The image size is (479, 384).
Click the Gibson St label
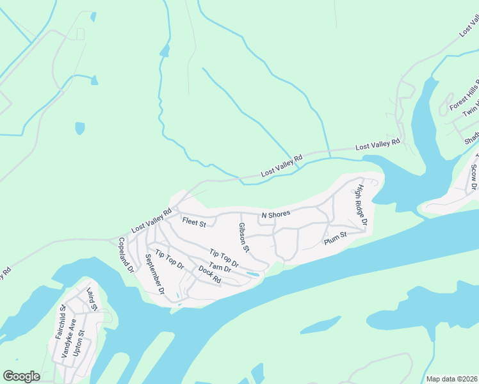coord(243,237)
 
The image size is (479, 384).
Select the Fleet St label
coord(193,223)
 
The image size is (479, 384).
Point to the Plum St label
coord(335,236)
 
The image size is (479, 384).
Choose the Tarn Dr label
coord(220,271)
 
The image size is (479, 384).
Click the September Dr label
coord(155,273)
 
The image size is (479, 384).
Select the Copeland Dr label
coord(126,255)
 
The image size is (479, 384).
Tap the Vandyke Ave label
coord(70,337)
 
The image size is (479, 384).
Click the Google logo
coord(22,376)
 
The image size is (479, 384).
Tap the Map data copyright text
coord(451,379)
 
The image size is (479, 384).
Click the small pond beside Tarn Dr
coord(253,274)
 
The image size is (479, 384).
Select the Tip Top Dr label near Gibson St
coord(225,257)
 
